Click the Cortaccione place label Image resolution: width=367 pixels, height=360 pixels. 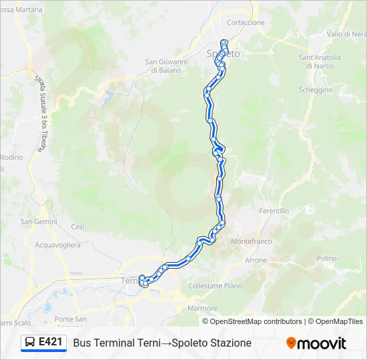point(246,23)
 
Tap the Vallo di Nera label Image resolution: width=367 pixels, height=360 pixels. point(346,34)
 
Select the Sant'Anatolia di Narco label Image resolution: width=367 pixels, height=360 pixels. point(320,61)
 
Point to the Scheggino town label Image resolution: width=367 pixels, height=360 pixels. point(316,90)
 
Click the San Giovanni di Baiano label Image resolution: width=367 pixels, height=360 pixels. point(166,66)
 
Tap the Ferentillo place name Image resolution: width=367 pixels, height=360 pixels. point(274,211)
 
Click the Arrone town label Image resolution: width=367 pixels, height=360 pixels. point(256,260)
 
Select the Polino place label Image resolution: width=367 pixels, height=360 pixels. point(327,259)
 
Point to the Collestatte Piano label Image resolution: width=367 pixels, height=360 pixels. point(216,285)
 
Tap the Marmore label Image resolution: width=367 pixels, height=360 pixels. point(202,308)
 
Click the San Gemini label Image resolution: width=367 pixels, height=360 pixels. point(39,221)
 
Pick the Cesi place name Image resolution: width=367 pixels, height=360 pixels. point(78,227)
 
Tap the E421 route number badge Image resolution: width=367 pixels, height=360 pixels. point(51,343)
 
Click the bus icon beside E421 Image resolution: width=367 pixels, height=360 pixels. point(30,343)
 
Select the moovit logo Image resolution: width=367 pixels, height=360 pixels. point(316,343)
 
